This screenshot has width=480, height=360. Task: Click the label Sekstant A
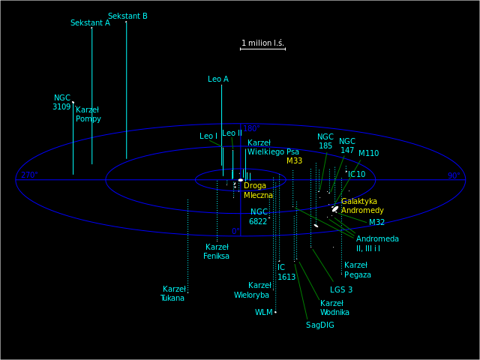(90, 22)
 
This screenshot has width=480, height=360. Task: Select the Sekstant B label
(127, 16)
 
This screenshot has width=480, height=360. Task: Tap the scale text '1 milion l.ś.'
(262, 43)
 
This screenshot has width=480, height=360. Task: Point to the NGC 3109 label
(61, 103)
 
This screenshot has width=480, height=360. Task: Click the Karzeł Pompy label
(88, 114)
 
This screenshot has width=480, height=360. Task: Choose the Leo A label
(218, 79)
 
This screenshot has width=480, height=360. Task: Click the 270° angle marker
(28, 175)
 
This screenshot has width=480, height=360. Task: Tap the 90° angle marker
(454, 175)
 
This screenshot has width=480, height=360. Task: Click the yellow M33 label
(295, 160)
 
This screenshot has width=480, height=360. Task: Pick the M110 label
(368, 153)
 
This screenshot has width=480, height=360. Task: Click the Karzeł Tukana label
(172, 293)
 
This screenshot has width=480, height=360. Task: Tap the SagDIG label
(320, 325)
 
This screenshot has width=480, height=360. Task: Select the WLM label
(264, 312)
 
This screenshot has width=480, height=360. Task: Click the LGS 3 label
(340, 289)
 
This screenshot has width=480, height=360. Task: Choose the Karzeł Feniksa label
(216, 251)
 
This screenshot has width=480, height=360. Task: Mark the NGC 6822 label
(259, 217)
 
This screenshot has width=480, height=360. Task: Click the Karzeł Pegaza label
(357, 269)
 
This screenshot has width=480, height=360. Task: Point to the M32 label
(376, 222)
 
